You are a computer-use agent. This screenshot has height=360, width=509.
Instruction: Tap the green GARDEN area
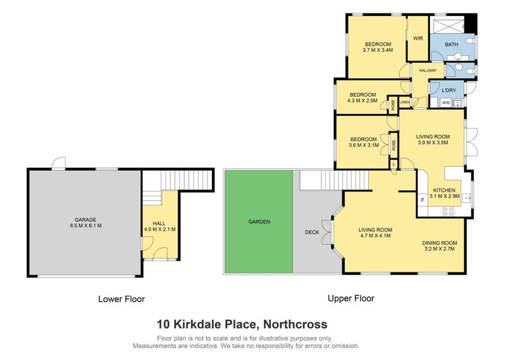[x=259, y=222]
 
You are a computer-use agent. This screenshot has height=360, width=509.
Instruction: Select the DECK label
[x=312, y=232]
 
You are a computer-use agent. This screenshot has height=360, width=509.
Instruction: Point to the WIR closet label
[x=418, y=38]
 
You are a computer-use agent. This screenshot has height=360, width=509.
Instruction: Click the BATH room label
[x=452, y=44]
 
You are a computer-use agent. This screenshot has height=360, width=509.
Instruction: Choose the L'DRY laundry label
[x=449, y=90]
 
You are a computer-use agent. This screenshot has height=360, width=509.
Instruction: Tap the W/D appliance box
[x=446, y=102]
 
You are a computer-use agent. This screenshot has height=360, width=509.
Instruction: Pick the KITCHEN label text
[x=444, y=190]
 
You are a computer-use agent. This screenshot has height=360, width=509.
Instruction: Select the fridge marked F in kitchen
[x=422, y=200]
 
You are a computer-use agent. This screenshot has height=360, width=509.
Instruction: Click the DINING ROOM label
[x=440, y=242]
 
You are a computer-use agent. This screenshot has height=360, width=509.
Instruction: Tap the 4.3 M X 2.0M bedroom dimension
[x=363, y=100]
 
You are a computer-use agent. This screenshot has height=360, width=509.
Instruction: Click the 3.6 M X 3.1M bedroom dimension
[x=365, y=145]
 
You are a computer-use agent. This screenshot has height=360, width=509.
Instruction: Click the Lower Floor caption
[x=121, y=298]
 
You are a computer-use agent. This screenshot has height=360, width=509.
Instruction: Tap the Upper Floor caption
[x=351, y=298]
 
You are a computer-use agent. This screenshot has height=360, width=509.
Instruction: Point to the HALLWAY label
[x=428, y=71]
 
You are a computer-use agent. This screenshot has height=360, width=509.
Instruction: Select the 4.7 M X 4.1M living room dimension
[x=375, y=236]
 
